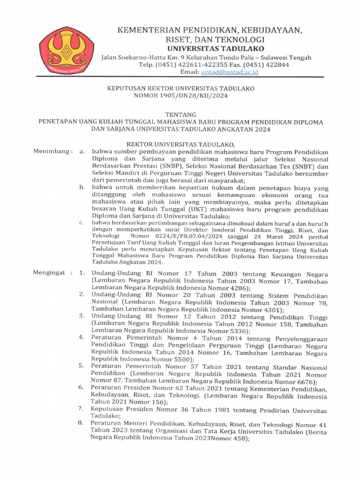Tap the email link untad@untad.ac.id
click(230, 72)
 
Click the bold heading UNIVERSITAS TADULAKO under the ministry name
click(216, 49)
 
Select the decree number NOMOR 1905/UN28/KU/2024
click(180, 96)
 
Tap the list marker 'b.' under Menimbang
click(82, 187)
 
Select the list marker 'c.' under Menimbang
click(82, 223)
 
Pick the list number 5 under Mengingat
click(81, 366)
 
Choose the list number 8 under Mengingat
click(81, 423)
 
